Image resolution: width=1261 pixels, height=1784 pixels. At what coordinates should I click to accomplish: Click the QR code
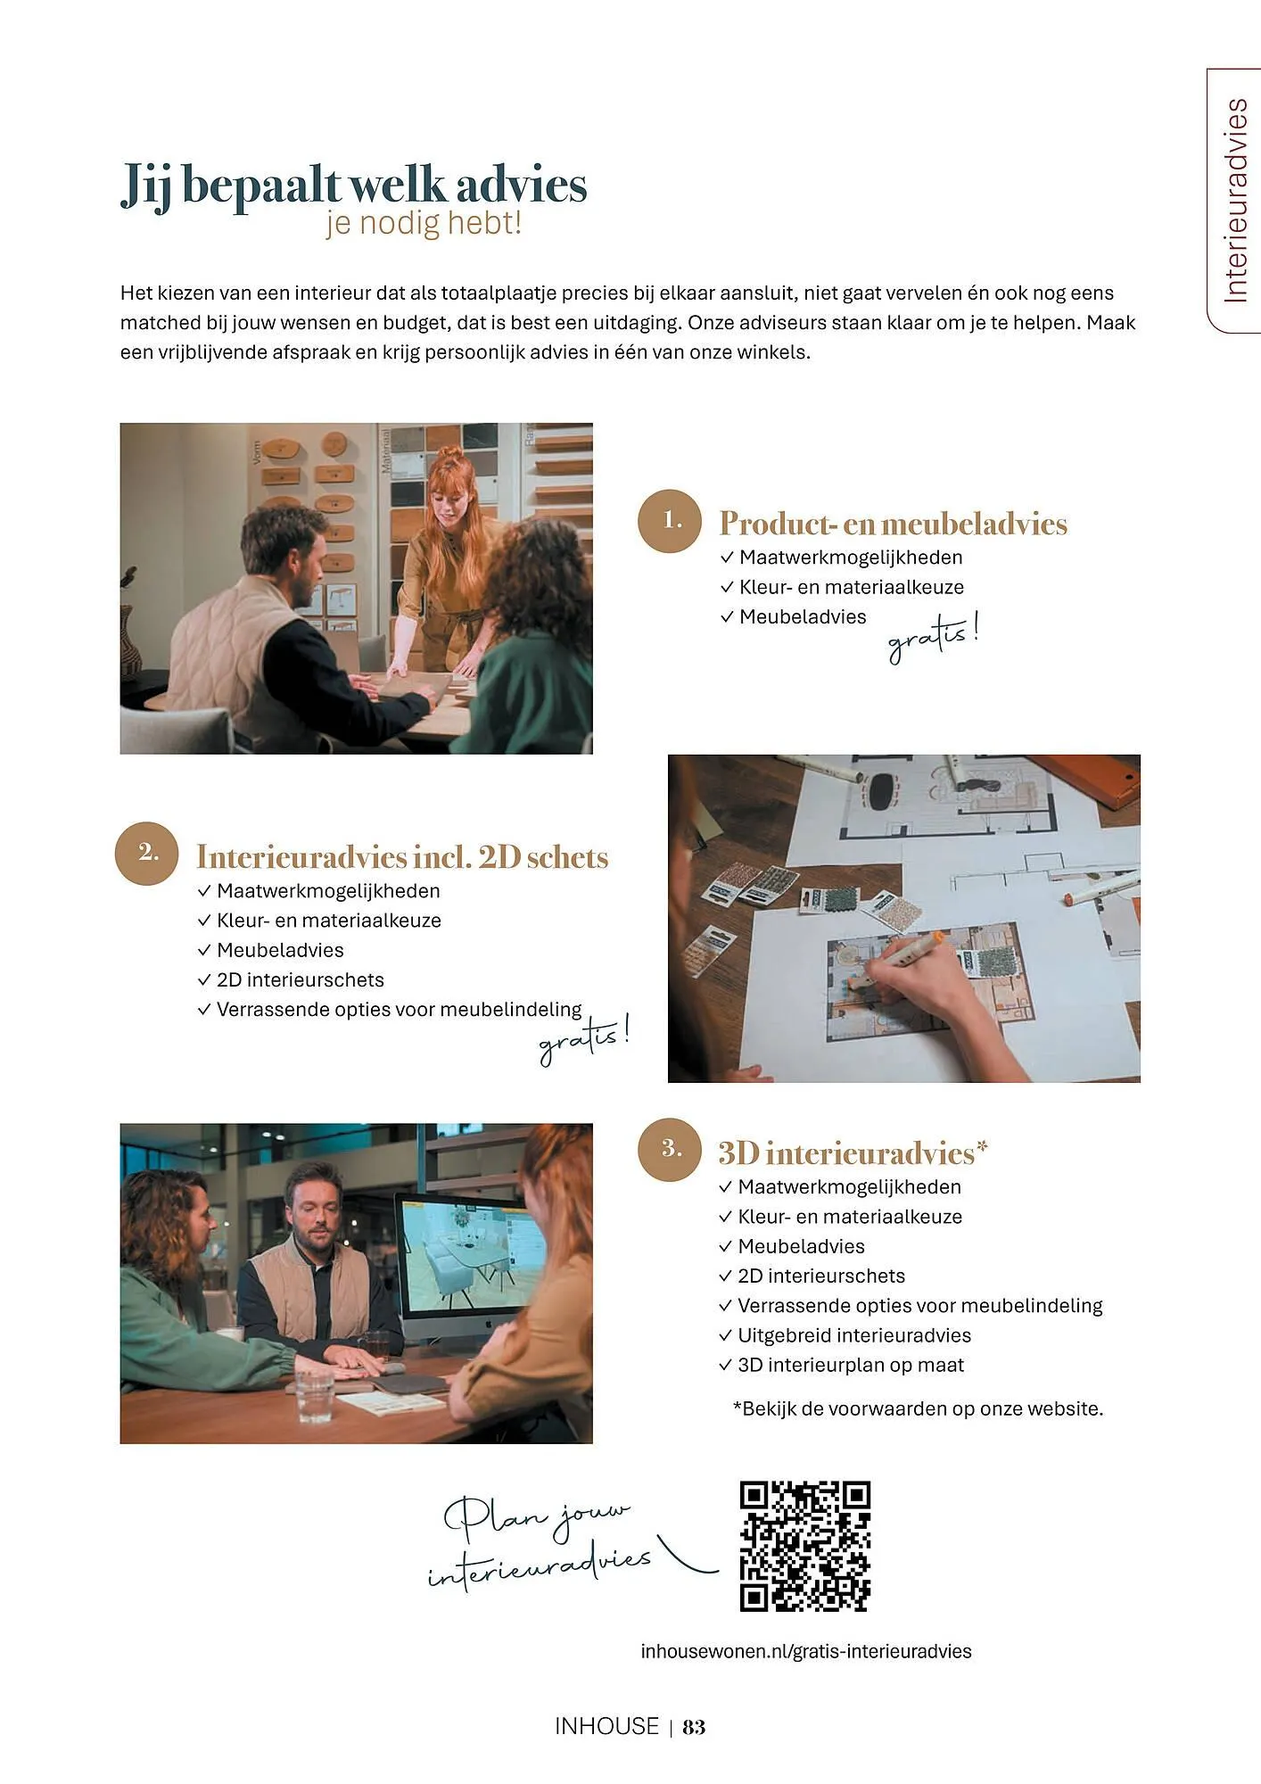[x=804, y=1546]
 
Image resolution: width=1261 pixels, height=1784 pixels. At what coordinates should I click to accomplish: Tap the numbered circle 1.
[x=670, y=521]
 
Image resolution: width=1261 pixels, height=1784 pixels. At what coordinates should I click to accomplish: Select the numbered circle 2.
[x=147, y=854]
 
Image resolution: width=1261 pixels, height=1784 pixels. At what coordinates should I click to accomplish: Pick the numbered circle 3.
[x=670, y=1150]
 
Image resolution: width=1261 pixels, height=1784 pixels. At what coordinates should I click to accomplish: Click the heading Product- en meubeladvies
[x=893, y=524]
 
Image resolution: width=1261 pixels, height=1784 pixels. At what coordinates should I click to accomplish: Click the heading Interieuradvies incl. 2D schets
[x=402, y=857]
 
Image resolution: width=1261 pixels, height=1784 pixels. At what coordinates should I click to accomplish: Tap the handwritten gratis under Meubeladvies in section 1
[x=932, y=638]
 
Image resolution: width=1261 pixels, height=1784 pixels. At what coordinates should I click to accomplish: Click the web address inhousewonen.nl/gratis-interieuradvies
[x=805, y=1651]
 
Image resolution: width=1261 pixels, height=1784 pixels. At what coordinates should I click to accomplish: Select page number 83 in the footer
[x=694, y=1727]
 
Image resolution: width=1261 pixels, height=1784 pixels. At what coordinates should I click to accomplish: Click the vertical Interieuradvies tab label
[x=1235, y=201]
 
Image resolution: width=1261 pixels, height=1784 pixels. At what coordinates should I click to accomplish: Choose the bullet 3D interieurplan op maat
[x=850, y=1365]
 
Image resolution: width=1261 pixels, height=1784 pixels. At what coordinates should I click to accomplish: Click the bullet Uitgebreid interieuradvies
[x=853, y=1335]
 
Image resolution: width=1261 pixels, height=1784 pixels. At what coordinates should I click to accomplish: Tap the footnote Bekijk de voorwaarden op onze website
[x=918, y=1408]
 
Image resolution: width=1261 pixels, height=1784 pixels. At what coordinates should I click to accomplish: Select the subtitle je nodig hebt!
[x=424, y=223]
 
